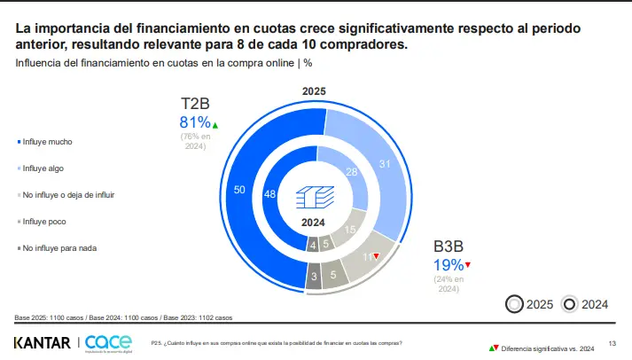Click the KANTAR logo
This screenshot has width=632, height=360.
(x=42, y=342)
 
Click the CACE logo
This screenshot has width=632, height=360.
(x=109, y=342)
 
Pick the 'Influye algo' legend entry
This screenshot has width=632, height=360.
(x=45, y=168)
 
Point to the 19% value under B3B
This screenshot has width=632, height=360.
(x=449, y=265)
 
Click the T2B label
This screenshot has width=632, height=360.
(x=196, y=102)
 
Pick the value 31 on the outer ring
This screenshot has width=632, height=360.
(x=383, y=162)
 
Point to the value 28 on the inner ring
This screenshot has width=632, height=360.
(x=351, y=171)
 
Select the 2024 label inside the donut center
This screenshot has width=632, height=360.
(x=314, y=223)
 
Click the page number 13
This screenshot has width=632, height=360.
(x=612, y=344)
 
